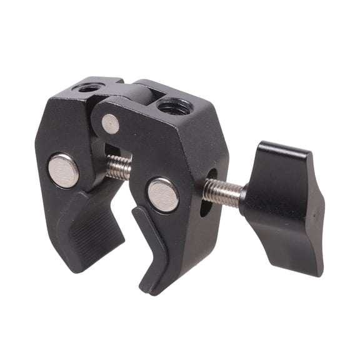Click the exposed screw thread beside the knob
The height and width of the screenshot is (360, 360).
(x=222, y=191)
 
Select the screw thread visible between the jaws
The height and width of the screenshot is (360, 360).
(x=119, y=167)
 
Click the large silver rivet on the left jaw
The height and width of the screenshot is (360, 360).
(x=64, y=170)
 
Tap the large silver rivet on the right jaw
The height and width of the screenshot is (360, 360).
(x=163, y=194)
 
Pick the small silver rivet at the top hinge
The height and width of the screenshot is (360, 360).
(x=111, y=124)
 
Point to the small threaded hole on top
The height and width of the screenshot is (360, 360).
(x=87, y=88)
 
